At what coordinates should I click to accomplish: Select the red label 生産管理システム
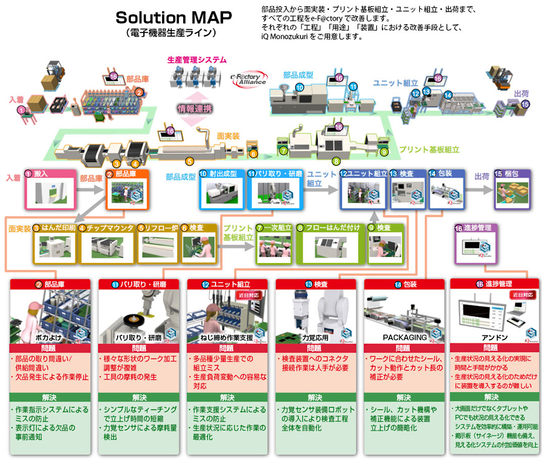pyautogui.click(x=197, y=60)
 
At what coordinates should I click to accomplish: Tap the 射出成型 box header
pyautogui.click(x=221, y=174)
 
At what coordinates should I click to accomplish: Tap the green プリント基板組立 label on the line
pyautogui.click(x=429, y=150)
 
